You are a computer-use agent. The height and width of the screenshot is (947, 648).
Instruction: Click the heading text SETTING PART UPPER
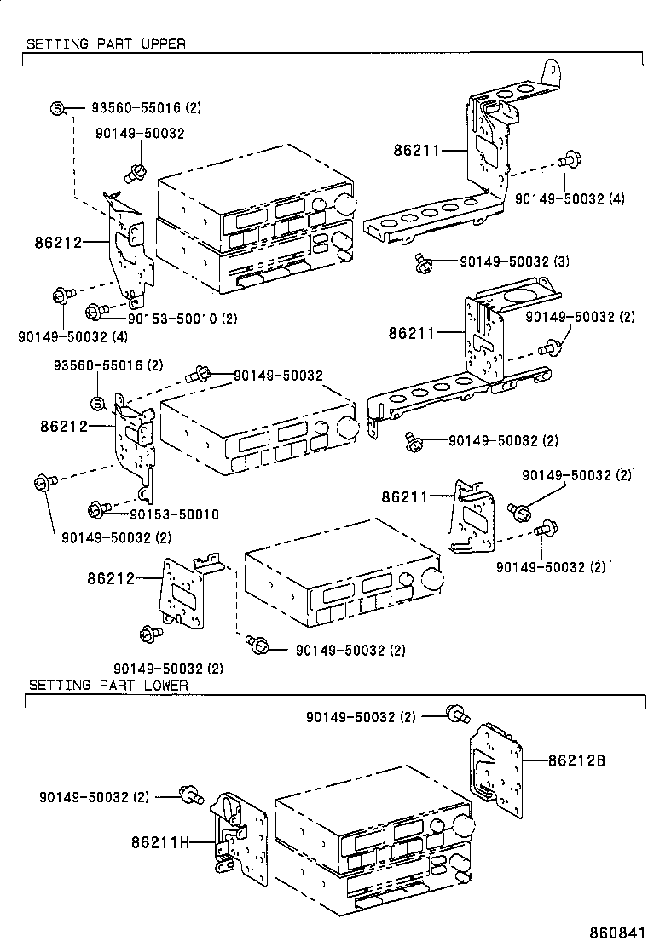tap(106, 43)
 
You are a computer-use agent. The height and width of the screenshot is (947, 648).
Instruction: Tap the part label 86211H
tap(159, 842)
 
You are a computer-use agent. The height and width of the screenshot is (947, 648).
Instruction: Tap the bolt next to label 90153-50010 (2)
tap(97, 310)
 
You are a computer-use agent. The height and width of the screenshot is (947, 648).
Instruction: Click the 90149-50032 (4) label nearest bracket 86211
tap(570, 198)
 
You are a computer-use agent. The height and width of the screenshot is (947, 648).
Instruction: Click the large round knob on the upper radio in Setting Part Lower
tap(463, 825)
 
